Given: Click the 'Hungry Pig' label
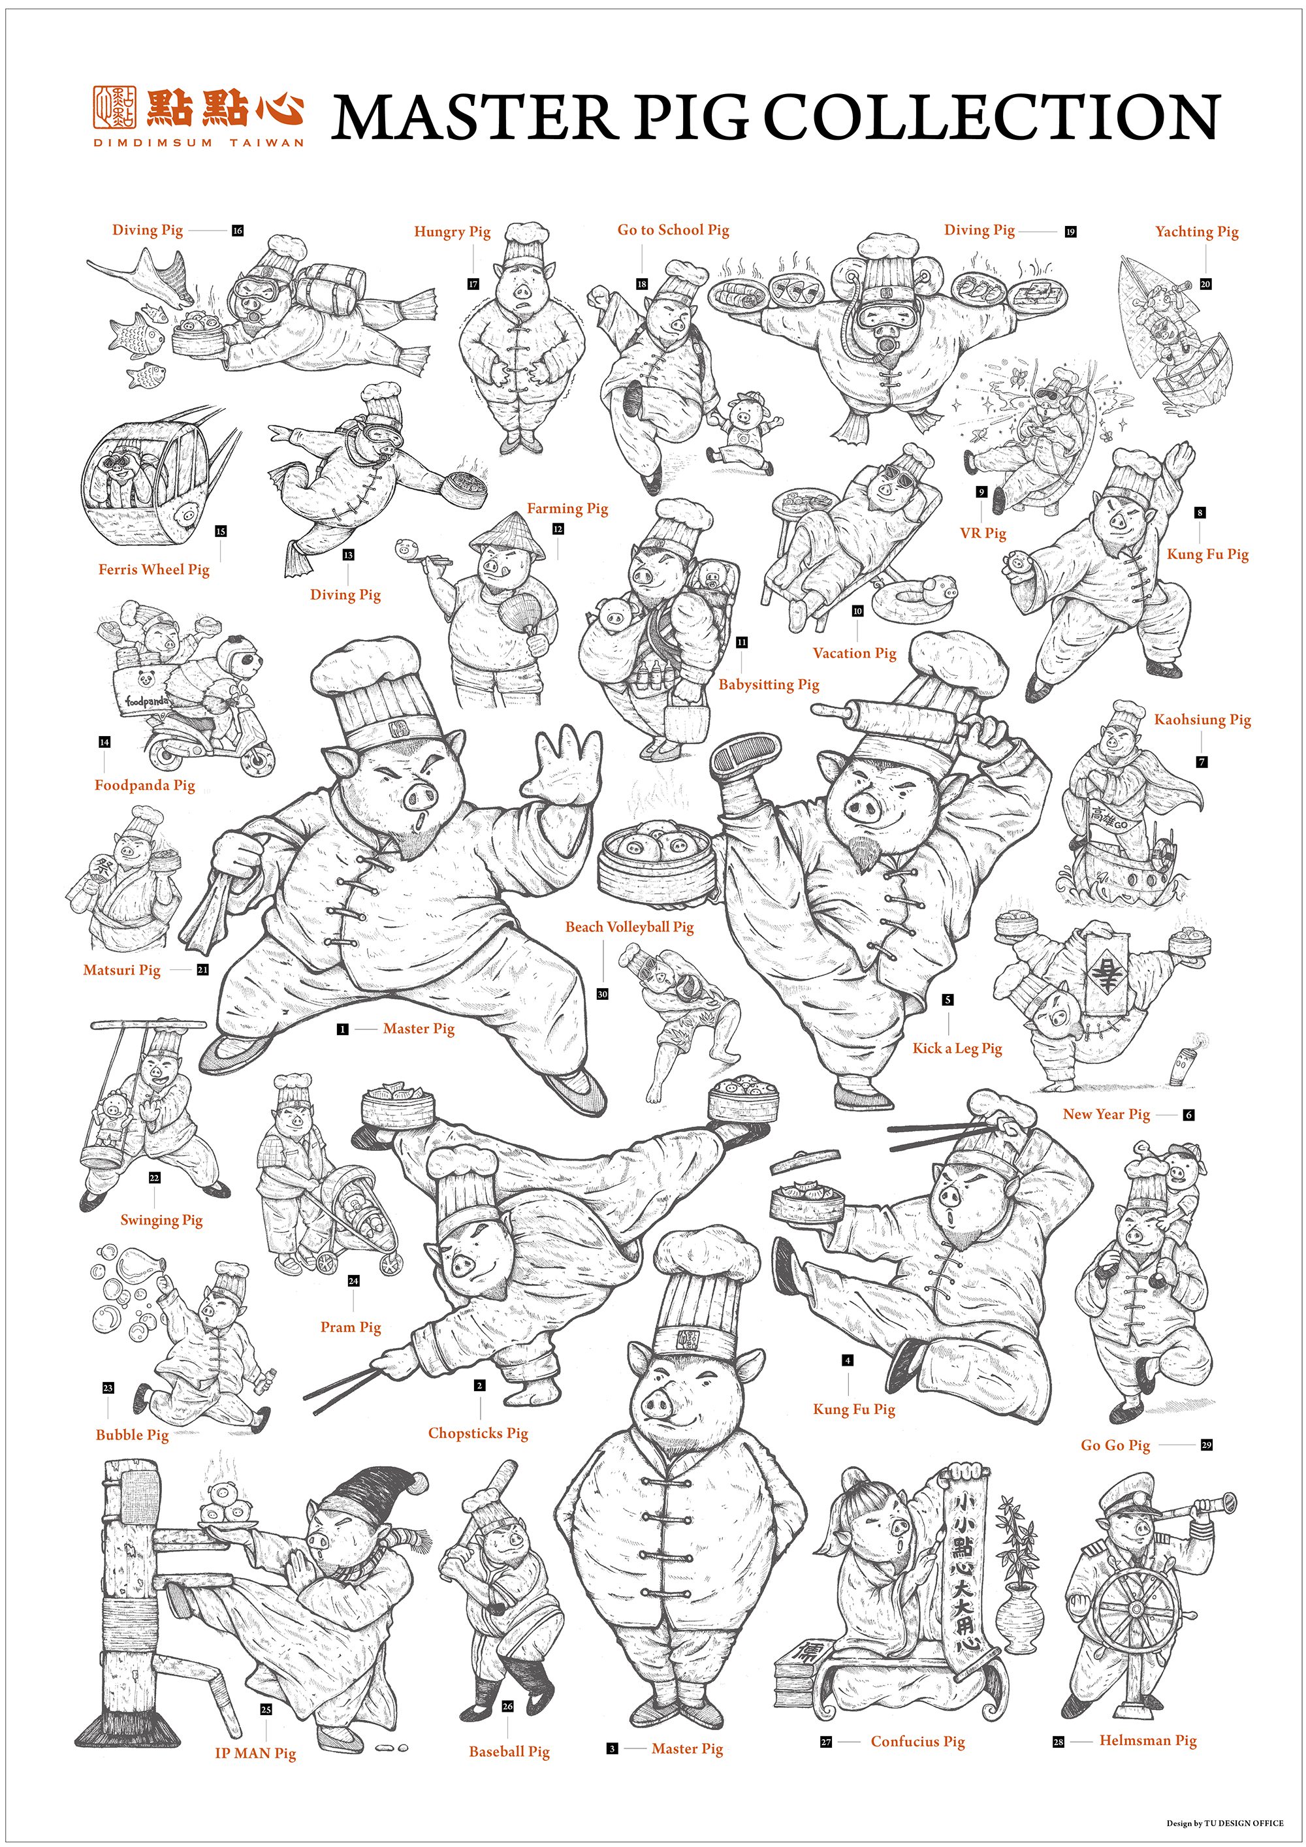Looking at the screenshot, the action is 452,233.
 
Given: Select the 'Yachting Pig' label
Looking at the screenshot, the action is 1197,233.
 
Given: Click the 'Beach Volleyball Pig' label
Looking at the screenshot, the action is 629,927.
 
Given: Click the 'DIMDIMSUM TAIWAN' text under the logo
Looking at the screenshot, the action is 199,142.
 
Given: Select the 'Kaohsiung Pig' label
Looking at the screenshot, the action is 1202,720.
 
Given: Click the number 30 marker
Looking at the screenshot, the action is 602,994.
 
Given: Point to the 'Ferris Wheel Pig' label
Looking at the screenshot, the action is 153,570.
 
